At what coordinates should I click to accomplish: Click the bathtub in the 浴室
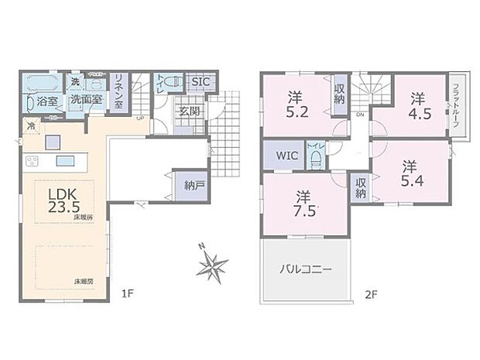tap(41, 84)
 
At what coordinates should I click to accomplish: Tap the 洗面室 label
tap(84, 101)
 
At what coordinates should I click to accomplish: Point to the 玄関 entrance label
tap(189, 110)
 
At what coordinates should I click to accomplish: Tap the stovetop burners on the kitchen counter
tap(33, 161)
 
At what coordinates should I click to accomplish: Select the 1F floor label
tap(129, 293)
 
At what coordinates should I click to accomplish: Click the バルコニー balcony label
tap(306, 270)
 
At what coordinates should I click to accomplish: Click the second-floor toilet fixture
tap(316, 159)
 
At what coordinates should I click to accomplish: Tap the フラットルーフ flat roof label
tap(457, 106)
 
